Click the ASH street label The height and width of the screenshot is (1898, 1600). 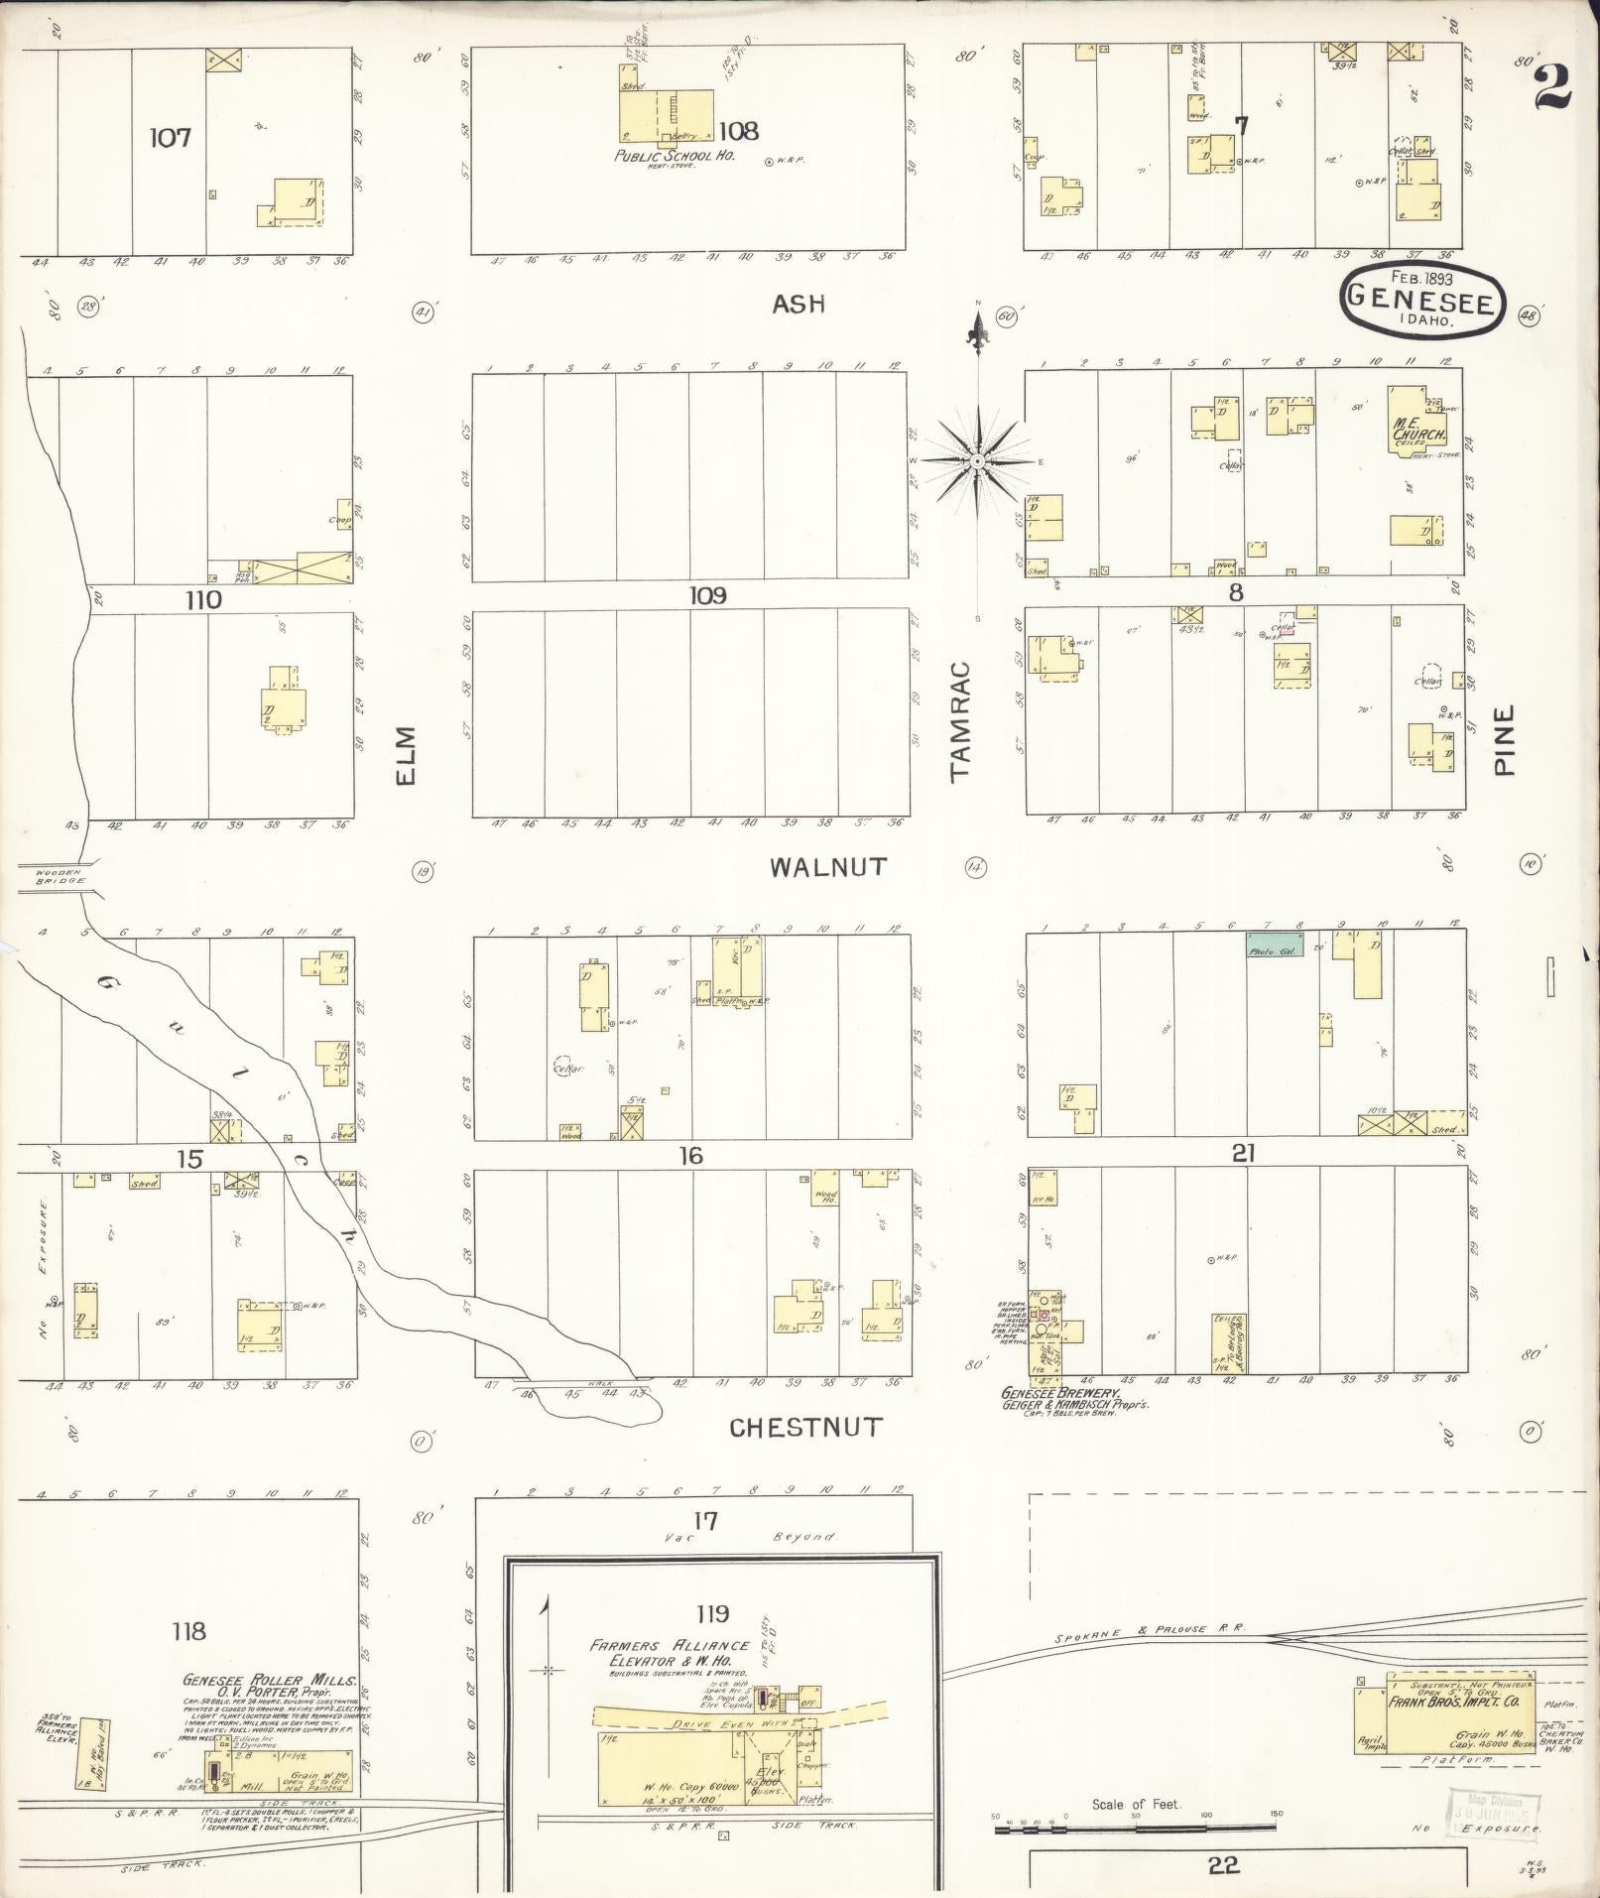[x=799, y=304]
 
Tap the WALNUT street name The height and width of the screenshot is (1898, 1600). [x=828, y=867]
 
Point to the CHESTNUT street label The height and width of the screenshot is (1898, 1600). [x=805, y=1428]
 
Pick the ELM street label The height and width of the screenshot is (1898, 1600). [x=405, y=756]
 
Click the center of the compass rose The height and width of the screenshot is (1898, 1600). [x=978, y=462]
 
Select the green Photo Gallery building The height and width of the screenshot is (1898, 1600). [x=1275, y=944]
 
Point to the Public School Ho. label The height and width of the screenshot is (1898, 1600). [x=673, y=156]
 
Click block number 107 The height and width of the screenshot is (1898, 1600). [x=170, y=137]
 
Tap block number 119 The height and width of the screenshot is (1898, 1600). [x=712, y=1613]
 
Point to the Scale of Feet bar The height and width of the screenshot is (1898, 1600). [x=1135, y=1816]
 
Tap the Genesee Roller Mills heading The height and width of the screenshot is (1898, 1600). [x=269, y=1682]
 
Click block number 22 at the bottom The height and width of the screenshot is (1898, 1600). [x=1224, y=1866]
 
